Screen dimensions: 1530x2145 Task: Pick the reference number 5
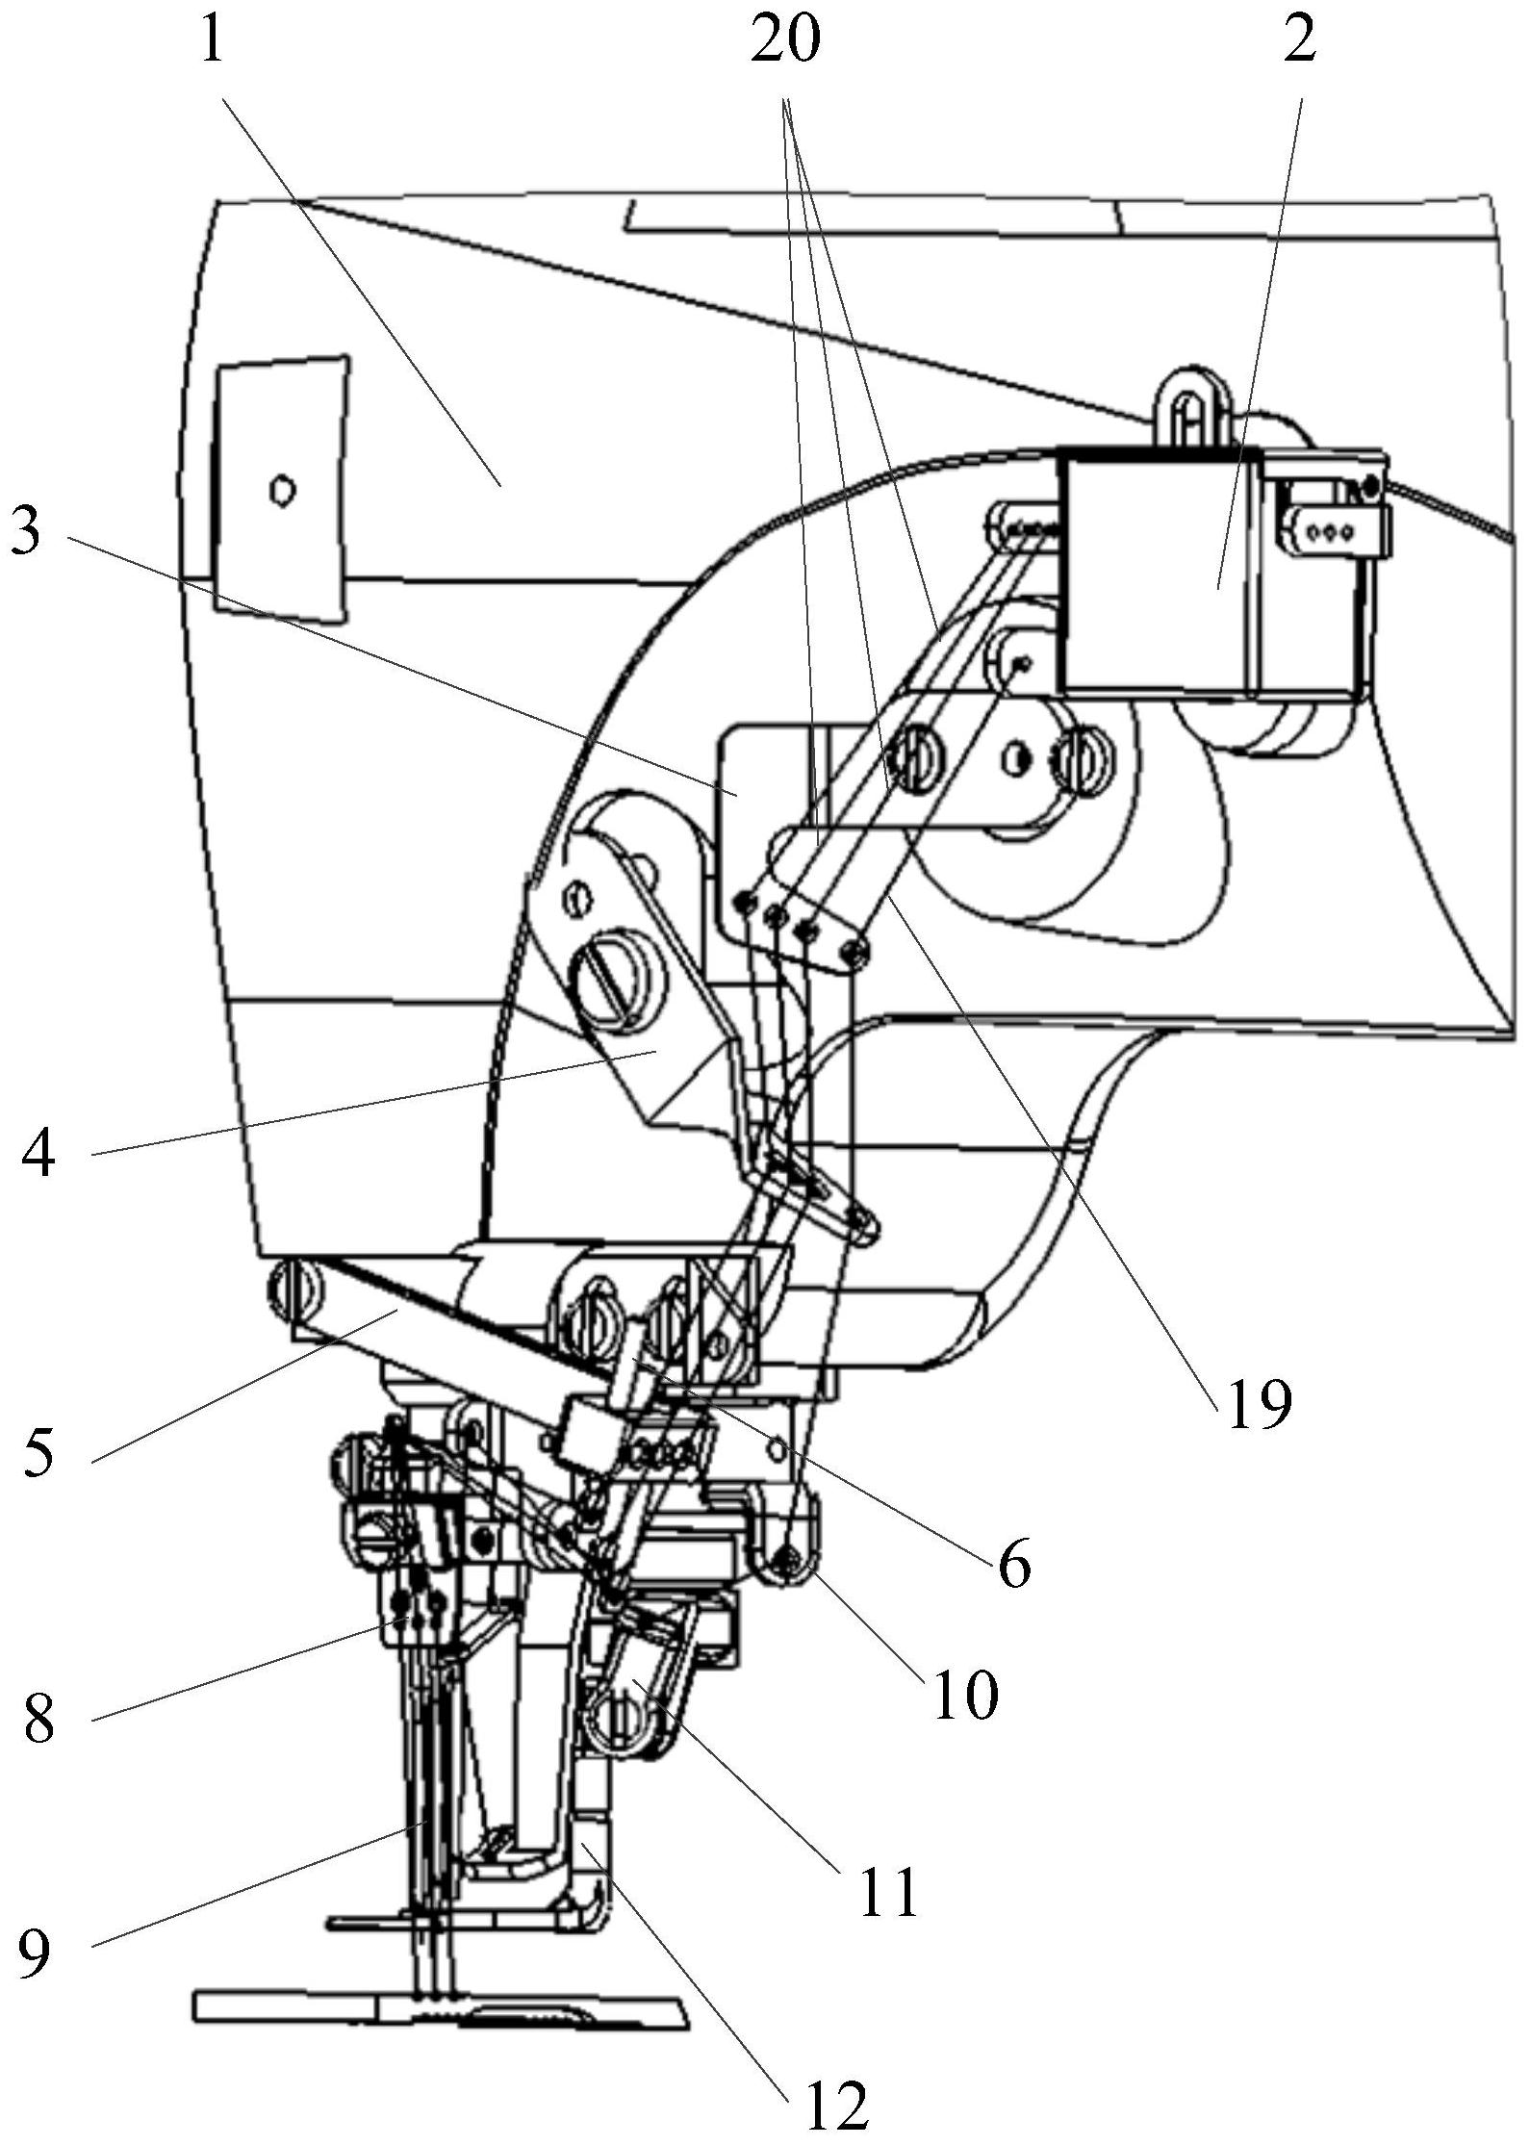coord(38,1451)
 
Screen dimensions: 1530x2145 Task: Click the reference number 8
coord(38,1721)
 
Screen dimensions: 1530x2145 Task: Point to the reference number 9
coord(34,1952)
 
